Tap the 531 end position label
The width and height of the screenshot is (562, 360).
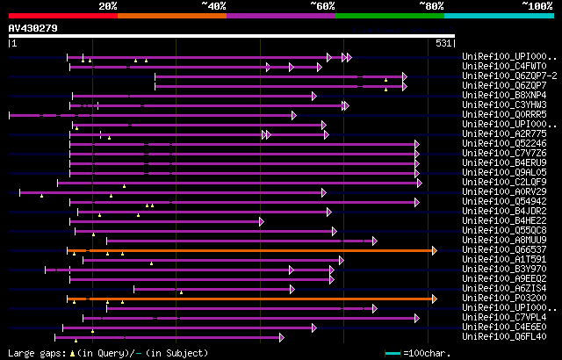444,42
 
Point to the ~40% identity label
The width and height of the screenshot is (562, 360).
213,5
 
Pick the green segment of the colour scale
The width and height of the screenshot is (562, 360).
389,15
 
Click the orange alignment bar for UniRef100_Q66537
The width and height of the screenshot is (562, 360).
250,250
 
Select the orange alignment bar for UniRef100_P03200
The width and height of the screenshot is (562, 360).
250,299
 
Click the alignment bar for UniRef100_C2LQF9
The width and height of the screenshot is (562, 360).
237,183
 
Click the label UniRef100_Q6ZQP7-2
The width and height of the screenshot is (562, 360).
496,76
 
